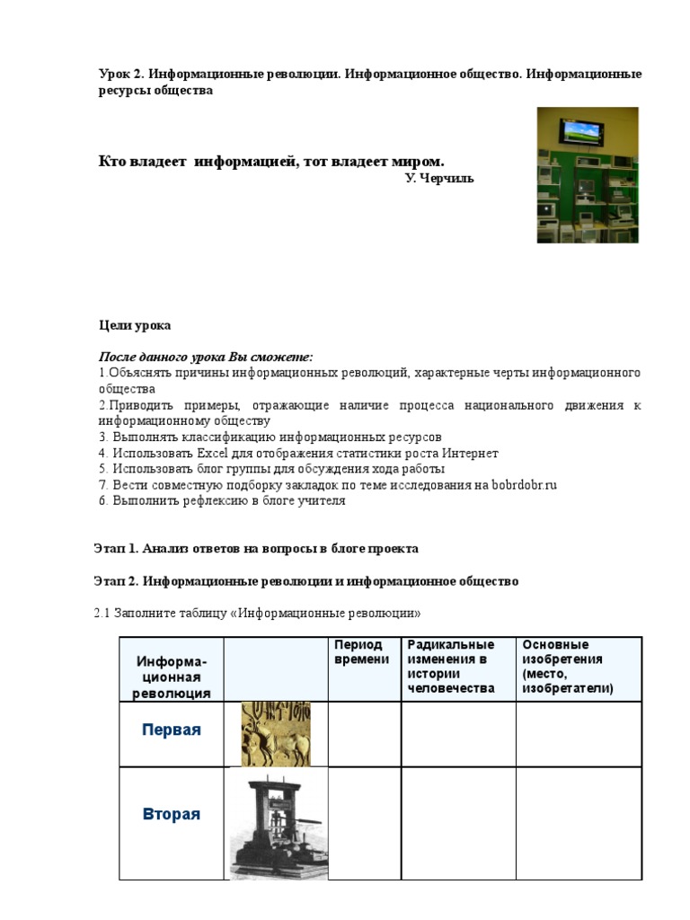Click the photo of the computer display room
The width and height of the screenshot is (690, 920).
pos(588,175)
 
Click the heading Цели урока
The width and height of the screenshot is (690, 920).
pos(134,325)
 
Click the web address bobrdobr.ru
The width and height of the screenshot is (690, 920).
pos(526,485)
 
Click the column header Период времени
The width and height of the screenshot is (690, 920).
pos(361,652)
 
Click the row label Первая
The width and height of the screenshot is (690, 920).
pos(172,730)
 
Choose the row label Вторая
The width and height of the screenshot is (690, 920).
pos(172,815)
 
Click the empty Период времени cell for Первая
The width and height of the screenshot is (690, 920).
pos(364,734)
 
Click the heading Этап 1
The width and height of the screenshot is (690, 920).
pos(117,547)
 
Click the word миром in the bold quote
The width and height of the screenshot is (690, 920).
pos(416,162)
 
